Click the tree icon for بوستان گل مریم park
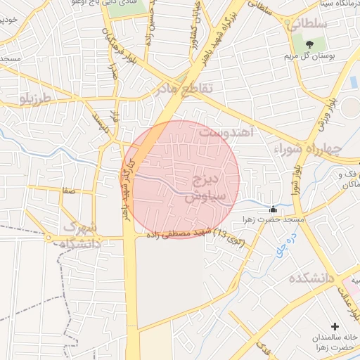click(309, 45)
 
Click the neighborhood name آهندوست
click(225, 131)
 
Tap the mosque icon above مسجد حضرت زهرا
click(273, 209)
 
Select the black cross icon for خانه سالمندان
click(334, 327)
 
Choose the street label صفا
click(67, 190)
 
